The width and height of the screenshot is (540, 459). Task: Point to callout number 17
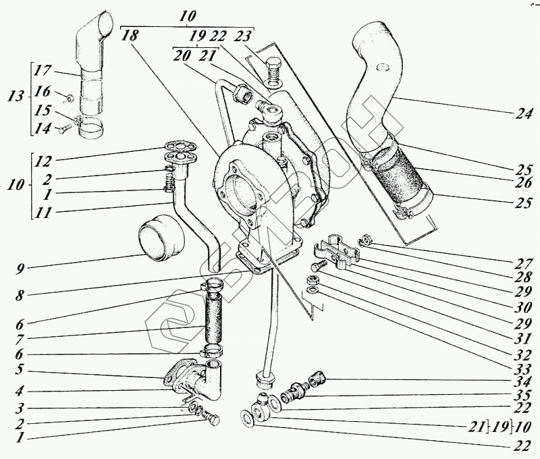click(x=43, y=70)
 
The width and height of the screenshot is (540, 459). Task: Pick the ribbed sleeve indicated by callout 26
click(x=400, y=178)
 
